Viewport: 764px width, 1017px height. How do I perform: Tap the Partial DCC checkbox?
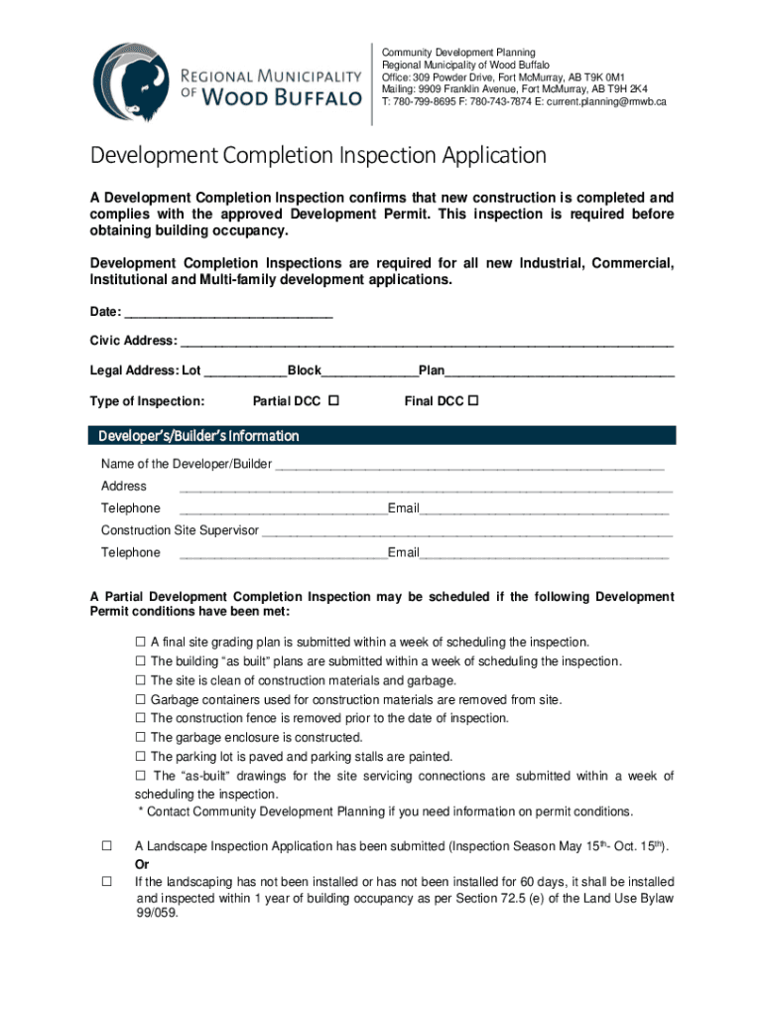pos(333,401)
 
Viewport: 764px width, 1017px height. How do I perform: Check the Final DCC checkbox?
pos(473,401)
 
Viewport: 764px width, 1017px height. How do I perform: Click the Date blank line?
pos(228,313)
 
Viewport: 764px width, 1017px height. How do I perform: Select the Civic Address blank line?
pos(427,342)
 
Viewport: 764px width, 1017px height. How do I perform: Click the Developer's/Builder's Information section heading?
pos(198,436)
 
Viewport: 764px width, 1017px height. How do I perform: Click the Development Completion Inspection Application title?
pos(318,156)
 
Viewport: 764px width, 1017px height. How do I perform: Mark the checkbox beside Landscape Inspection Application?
pos(105,846)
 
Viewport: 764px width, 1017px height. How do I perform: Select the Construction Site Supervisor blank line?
pos(466,530)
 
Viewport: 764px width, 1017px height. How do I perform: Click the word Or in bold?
pos(143,864)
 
